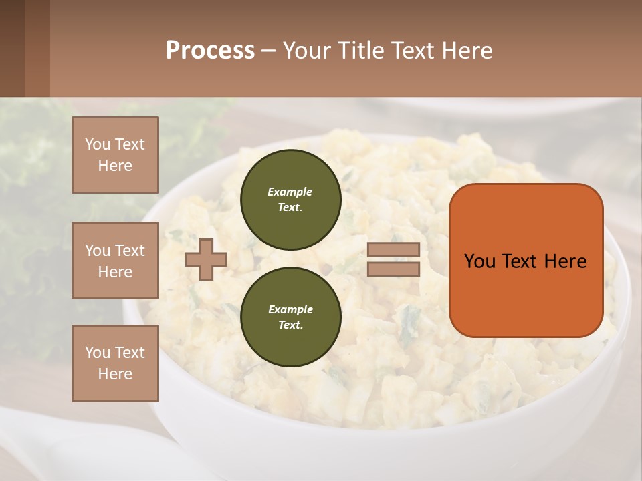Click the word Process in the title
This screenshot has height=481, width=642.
coord(210,51)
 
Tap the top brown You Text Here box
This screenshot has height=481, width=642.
coord(115,155)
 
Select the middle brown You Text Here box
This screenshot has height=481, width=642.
coord(115,261)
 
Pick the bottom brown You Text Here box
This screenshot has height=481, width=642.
coord(115,363)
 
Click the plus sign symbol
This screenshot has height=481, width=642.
coord(206,259)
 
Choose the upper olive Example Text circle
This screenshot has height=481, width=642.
coord(290,200)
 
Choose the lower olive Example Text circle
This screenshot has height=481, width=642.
coord(290,317)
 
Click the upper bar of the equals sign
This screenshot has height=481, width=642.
coord(393,249)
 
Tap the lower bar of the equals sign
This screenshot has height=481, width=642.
coord(393,269)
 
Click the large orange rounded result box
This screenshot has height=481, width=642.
coord(526,294)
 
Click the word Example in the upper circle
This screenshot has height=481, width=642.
coord(290,192)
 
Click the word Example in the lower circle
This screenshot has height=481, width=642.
coord(290,309)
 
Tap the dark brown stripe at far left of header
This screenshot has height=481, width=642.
coord(12,48)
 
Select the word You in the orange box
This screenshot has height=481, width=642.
coord(479,261)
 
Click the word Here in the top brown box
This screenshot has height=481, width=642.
coord(115,166)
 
